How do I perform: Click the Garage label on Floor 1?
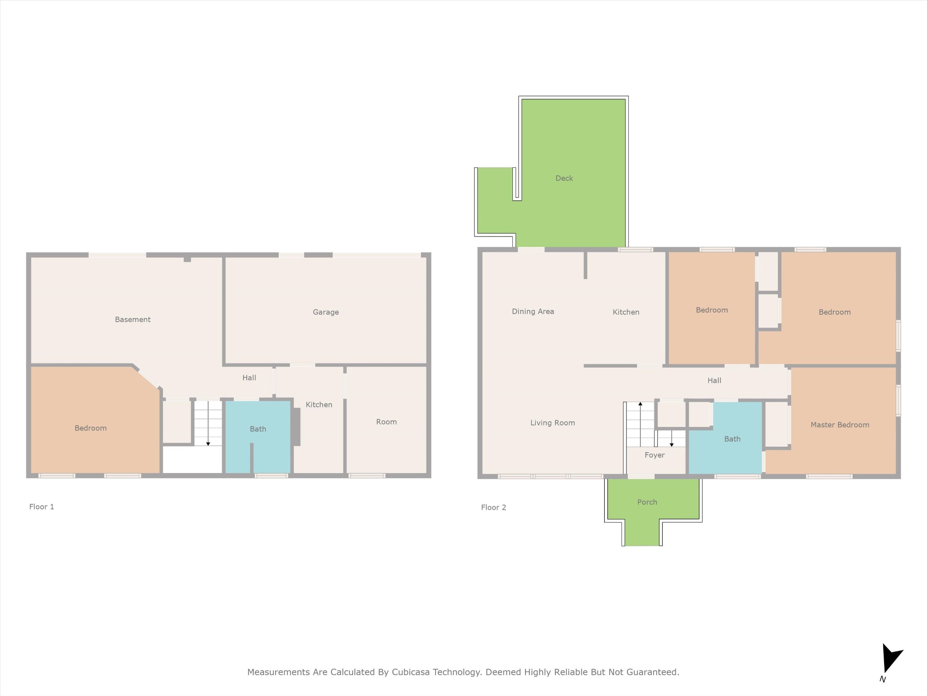click(325, 312)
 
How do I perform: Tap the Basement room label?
click(133, 319)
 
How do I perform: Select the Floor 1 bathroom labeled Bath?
click(258, 429)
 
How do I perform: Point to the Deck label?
click(564, 178)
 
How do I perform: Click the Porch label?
click(647, 502)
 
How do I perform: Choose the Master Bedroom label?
click(840, 425)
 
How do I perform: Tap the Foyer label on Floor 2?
click(655, 455)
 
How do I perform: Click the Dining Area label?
click(533, 311)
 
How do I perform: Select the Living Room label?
click(553, 423)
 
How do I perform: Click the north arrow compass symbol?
click(890, 660)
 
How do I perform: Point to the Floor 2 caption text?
click(493, 507)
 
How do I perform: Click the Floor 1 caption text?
click(42, 507)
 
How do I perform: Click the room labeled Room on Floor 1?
click(386, 422)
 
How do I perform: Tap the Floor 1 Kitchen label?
click(319, 405)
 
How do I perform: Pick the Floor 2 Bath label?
click(732, 439)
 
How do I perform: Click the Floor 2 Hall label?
click(714, 381)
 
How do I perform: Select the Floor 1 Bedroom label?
click(91, 428)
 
